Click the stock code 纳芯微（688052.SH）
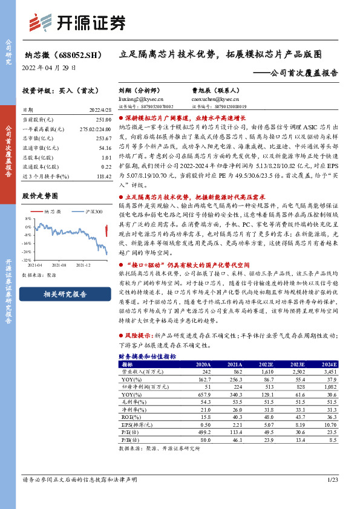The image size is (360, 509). tap(59, 55)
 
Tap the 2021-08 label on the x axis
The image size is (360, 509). tap(59, 264)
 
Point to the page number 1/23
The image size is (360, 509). tap(331, 479)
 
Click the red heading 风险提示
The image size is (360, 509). tap(138, 335)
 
